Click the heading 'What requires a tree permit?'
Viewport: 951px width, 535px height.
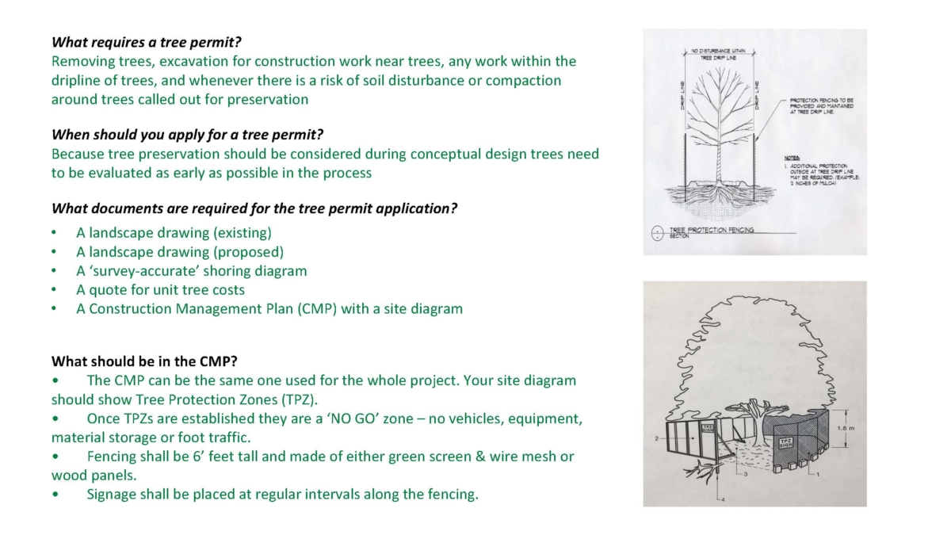pos(157,42)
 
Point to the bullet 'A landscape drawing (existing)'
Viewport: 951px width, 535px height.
pos(174,233)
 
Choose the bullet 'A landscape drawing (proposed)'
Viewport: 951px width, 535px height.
pos(180,252)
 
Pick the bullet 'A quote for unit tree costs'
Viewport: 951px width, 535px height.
pos(160,290)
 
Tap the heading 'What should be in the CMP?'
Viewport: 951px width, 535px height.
pos(144,361)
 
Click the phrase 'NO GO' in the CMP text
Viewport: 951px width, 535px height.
pos(378,418)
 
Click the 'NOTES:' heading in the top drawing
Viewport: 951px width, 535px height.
pos(791,158)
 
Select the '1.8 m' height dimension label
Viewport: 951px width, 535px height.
pos(846,429)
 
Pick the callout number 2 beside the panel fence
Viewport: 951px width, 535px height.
pos(657,438)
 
